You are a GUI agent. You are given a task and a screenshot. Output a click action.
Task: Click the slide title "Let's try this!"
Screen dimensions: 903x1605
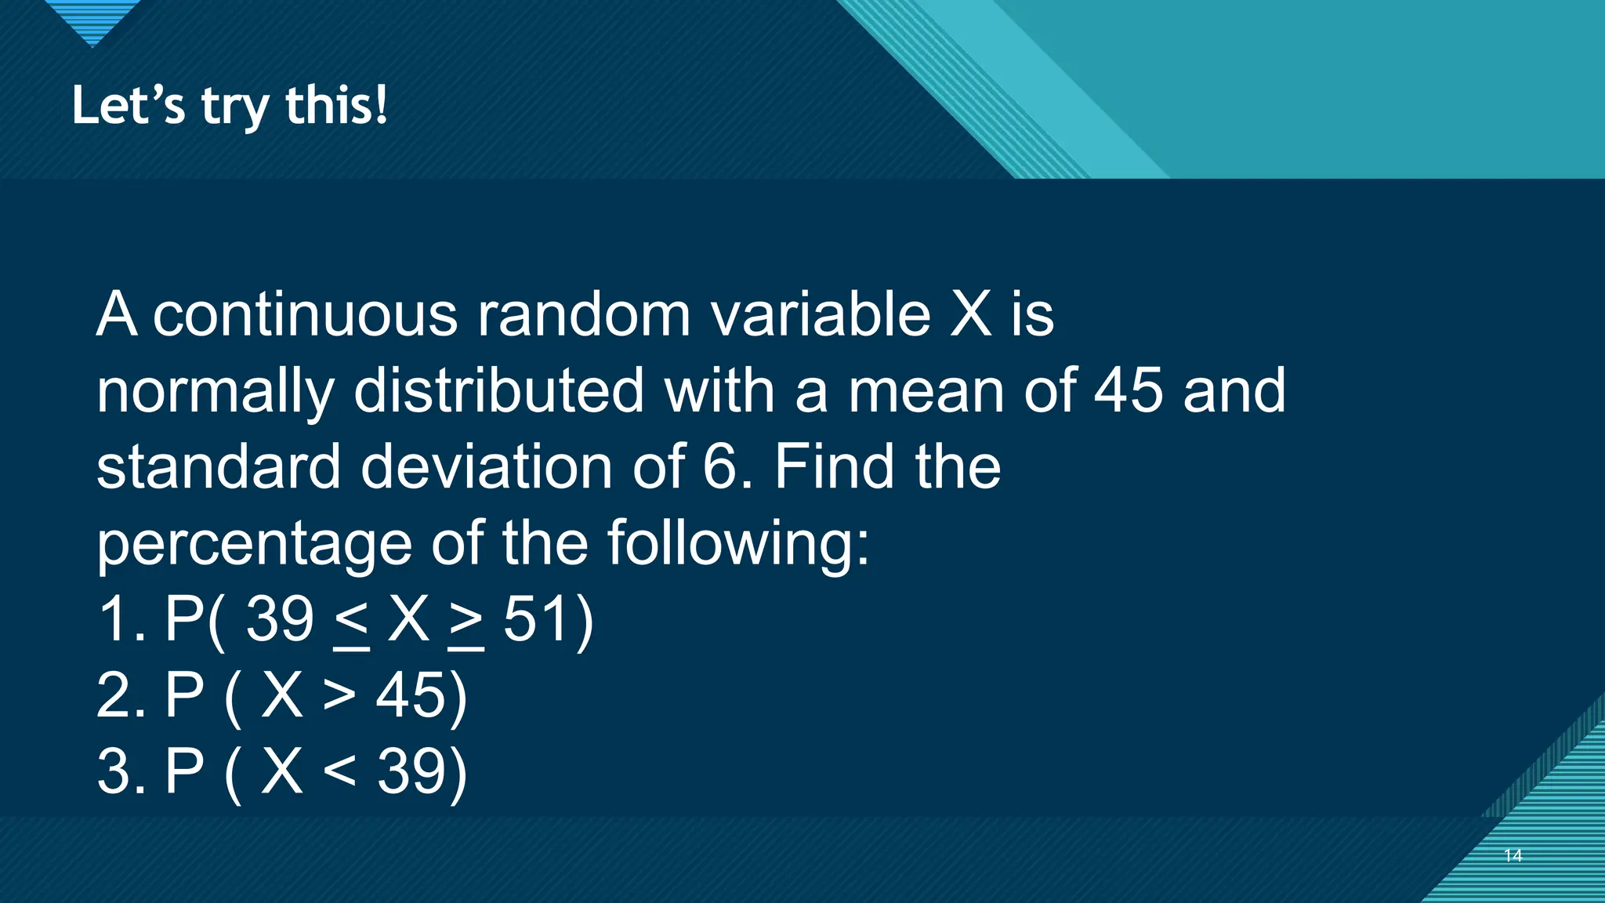coord(230,106)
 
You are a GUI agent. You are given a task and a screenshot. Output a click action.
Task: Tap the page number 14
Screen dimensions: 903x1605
coord(1513,855)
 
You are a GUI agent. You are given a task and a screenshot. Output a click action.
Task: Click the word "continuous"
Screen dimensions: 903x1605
coord(305,314)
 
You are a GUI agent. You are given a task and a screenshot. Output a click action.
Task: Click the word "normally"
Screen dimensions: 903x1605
coord(215,391)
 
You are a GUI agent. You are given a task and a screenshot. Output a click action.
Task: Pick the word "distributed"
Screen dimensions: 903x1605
coord(498,390)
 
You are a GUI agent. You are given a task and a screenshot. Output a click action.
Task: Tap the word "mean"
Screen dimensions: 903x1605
coord(926,390)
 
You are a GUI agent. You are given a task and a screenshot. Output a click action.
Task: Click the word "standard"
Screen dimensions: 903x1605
coord(218,467)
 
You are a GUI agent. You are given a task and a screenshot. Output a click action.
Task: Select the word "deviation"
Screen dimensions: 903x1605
coord(486,467)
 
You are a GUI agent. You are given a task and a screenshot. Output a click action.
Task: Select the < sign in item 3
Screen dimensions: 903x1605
coord(339,771)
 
